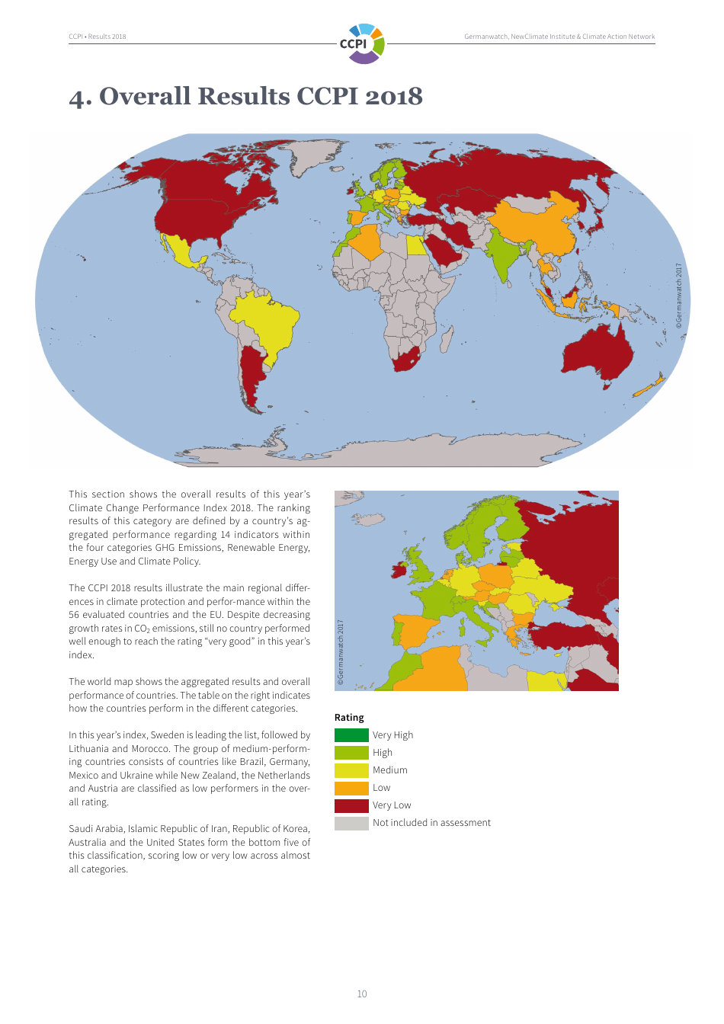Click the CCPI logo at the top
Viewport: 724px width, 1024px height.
click(363, 43)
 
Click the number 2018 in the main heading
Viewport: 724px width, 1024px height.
click(393, 97)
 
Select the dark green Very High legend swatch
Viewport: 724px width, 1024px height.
click(351, 735)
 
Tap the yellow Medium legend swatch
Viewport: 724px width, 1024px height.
click(351, 770)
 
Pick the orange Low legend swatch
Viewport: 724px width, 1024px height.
click(351, 788)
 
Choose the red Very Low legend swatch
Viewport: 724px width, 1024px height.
click(351, 805)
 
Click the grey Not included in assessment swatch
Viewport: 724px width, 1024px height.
click(351, 823)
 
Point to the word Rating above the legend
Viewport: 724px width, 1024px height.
click(349, 718)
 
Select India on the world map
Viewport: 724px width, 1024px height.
click(501, 255)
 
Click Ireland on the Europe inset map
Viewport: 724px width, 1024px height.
click(399, 570)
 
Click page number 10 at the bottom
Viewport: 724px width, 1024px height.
click(362, 994)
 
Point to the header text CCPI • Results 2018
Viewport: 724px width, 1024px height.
click(98, 37)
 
